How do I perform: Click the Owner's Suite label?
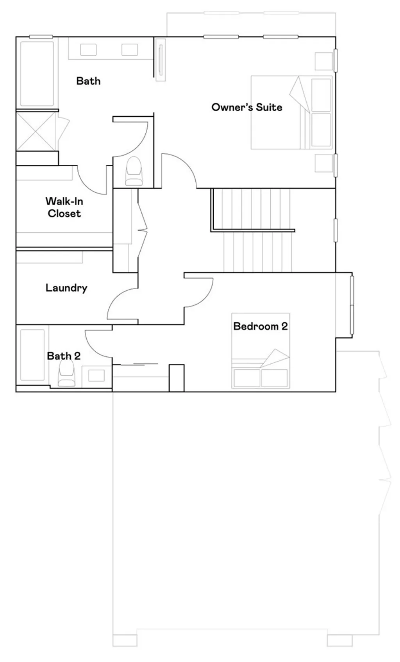tap(246, 107)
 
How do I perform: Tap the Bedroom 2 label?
tap(260, 326)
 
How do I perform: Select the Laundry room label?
tap(66, 288)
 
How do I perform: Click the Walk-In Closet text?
tap(64, 207)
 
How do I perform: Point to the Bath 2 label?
tap(64, 356)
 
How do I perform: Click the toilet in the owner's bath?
tap(134, 171)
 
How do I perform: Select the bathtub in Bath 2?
tap(32, 355)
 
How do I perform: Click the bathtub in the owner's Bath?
tap(37, 73)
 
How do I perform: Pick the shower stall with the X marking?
tap(36, 131)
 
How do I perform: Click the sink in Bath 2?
tap(96, 375)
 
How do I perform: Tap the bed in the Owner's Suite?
tap(291, 112)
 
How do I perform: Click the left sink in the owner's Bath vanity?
tap(89, 50)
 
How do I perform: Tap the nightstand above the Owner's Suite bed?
tap(323, 61)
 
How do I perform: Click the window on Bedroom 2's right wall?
tap(352, 305)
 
